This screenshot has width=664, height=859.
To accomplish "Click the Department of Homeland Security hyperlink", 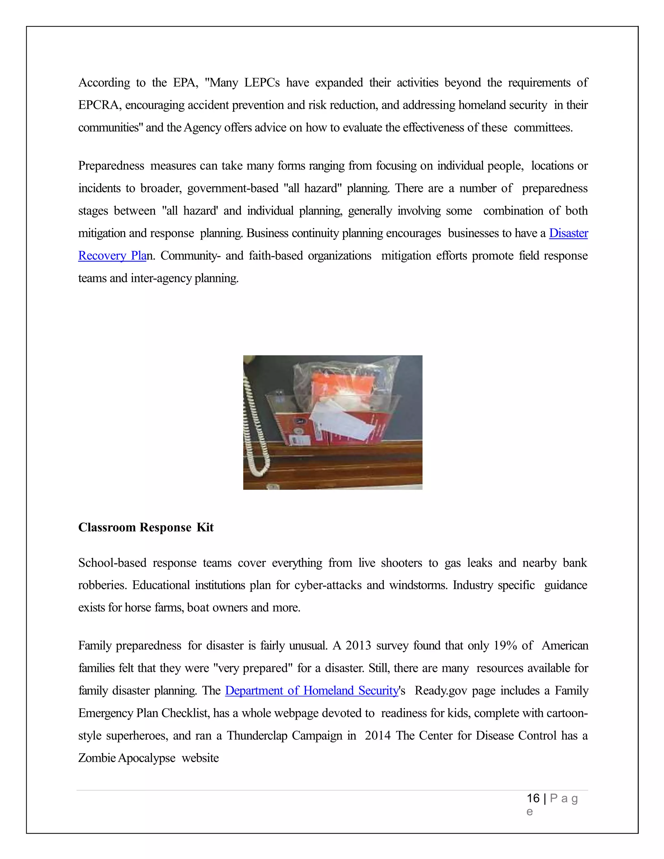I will tap(312, 691).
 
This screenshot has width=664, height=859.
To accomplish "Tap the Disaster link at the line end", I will tap(568, 233).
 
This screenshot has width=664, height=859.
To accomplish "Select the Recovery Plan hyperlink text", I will tap(112, 256).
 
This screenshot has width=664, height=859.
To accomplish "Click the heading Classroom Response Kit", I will tap(146, 527).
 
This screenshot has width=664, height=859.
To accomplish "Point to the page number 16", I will tap(533, 798).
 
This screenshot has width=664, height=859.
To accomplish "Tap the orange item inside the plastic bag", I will tap(338, 387).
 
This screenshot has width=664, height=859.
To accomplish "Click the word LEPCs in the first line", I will tap(262, 83).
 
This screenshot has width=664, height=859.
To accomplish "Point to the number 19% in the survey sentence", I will tap(505, 646).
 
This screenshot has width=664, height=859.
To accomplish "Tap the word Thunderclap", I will tap(256, 735).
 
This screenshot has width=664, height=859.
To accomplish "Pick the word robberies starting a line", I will tap(102, 585).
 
